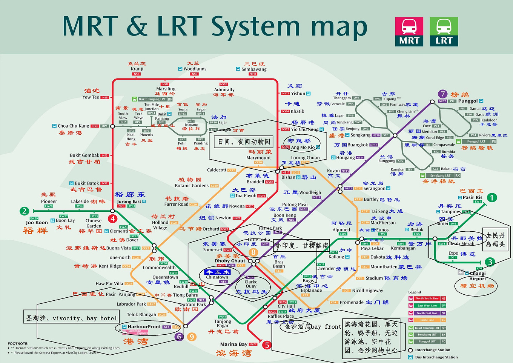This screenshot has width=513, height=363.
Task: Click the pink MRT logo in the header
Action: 409,32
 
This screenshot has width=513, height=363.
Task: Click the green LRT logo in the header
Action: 444,32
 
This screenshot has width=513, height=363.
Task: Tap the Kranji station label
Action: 137,69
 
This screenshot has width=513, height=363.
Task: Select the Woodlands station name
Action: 195,69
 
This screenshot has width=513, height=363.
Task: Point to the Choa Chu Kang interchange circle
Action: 112,126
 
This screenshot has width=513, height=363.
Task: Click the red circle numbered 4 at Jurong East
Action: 112,218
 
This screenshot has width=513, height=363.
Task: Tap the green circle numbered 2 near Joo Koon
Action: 24,211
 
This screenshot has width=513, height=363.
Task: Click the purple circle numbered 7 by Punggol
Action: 443,94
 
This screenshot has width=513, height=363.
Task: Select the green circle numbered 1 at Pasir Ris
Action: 491,197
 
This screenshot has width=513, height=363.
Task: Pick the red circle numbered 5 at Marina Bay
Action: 267,345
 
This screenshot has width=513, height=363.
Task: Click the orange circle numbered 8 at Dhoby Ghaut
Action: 253,252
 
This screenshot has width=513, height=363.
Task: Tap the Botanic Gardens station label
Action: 192,186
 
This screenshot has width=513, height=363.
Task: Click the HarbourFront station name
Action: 144,327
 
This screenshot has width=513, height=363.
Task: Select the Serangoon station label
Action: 374,188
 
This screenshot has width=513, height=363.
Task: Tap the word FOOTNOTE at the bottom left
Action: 18,343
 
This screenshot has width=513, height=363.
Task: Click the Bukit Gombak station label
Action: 84,155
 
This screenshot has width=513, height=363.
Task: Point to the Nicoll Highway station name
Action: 367,291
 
